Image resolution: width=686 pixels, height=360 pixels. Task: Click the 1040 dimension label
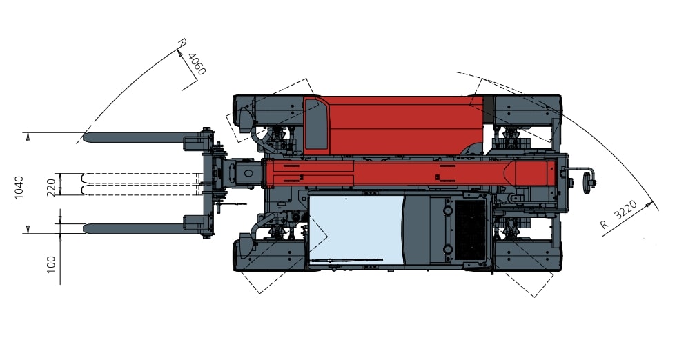pyautogui.click(x=19, y=187)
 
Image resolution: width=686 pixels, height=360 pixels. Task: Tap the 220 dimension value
pyautogui.click(x=51, y=188)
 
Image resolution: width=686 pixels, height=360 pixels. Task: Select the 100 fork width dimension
pyautogui.click(x=51, y=265)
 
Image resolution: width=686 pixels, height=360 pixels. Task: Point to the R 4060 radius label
pyautogui.click(x=192, y=57)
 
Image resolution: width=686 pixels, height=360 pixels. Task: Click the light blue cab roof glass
pyautogui.click(x=355, y=230)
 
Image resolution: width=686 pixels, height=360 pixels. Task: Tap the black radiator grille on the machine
pyautogui.click(x=470, y=230)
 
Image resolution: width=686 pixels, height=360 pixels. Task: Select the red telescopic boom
pyautogui.click(x=410, y=173)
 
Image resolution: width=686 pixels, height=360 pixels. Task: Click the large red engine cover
pyautogui.click(x=394, y=125)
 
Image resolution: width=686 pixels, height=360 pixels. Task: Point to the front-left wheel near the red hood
pyautogui.click(x=268, y=110)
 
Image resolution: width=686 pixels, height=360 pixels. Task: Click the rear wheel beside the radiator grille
pyautogui.click(x=527, y=255)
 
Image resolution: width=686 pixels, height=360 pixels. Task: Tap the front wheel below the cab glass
pyautogui.click(x=270, y=255)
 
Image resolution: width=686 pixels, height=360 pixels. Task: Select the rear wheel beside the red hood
pyautogui.click(x=527, y=110)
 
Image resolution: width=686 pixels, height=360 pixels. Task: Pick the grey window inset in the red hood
pyautogui.click(x=316, y=124)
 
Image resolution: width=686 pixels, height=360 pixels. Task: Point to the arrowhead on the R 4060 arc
pyautogui.click(x=179, y=53)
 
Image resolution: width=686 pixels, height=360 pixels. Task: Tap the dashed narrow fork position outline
pyautogui.click(x=141, y=184)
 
